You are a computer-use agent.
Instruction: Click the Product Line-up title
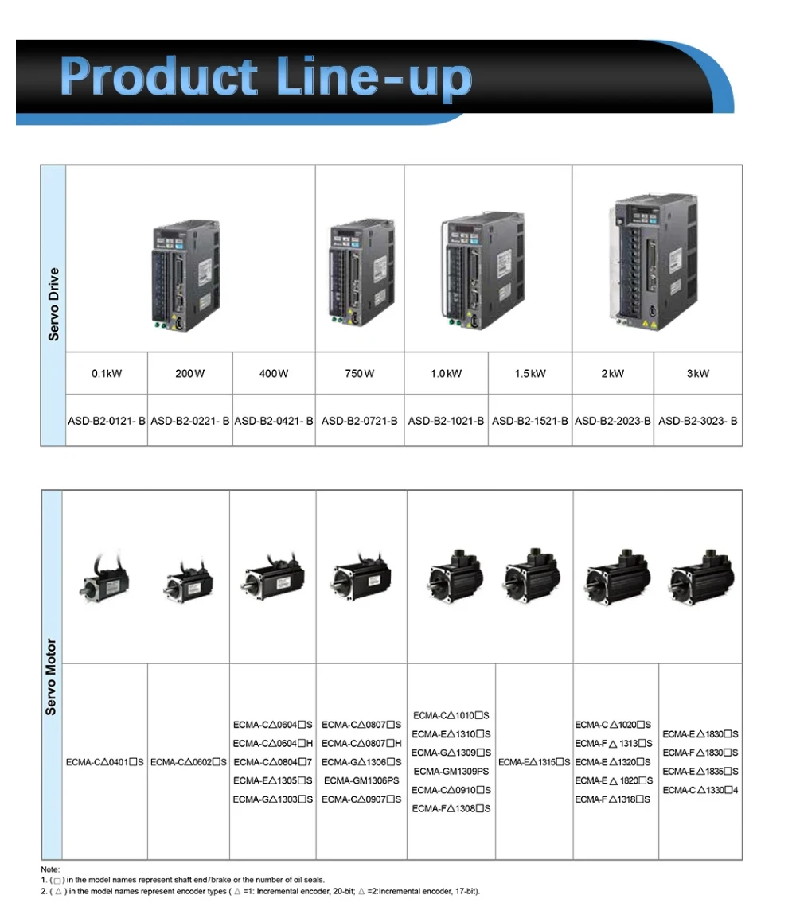[266, 78]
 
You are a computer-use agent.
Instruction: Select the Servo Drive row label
[53, 305]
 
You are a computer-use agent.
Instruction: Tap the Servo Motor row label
[51, 676]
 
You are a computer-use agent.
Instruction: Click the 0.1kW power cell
[107, 374]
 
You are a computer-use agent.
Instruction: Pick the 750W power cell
[359, 374]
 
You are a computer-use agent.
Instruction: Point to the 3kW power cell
[697, 374]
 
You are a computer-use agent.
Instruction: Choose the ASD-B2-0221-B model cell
[189, 420]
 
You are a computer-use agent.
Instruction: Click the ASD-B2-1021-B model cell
[446, 420]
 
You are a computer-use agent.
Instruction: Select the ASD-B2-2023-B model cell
[612, 420]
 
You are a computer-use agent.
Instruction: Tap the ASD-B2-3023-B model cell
[697, 420]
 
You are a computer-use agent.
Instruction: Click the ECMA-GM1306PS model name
[361, 780]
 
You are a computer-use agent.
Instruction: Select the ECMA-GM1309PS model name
[451, 771]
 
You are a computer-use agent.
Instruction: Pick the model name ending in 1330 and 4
[700, 790]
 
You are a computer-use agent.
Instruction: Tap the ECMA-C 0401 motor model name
[105, 762]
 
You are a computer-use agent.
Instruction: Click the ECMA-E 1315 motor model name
[534, 762]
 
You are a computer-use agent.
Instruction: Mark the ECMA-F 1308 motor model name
[451, 808]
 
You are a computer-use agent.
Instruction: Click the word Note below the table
[50, 869]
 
